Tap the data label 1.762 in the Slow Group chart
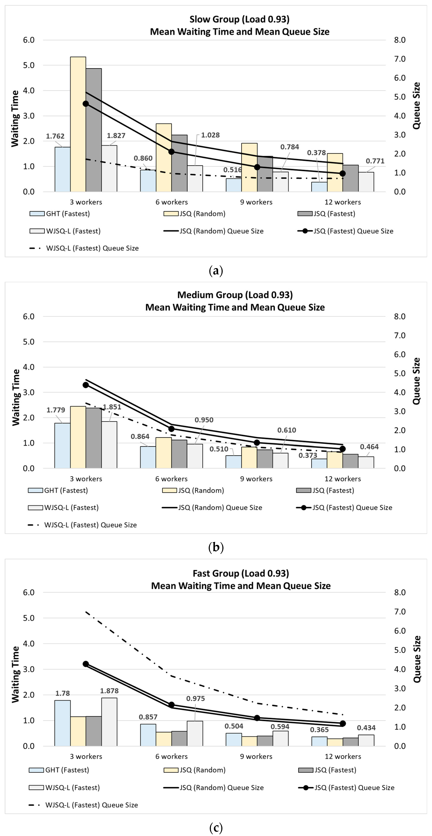(x=55, y=136)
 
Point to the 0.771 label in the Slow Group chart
(x=375, y=161)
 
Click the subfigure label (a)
(x=216, y=270)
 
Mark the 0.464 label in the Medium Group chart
(x=369, y=447)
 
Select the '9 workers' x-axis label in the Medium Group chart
(x=256, y=479)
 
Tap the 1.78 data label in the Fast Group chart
(x=62, y=693)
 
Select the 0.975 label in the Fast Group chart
(x=195, y=698)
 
